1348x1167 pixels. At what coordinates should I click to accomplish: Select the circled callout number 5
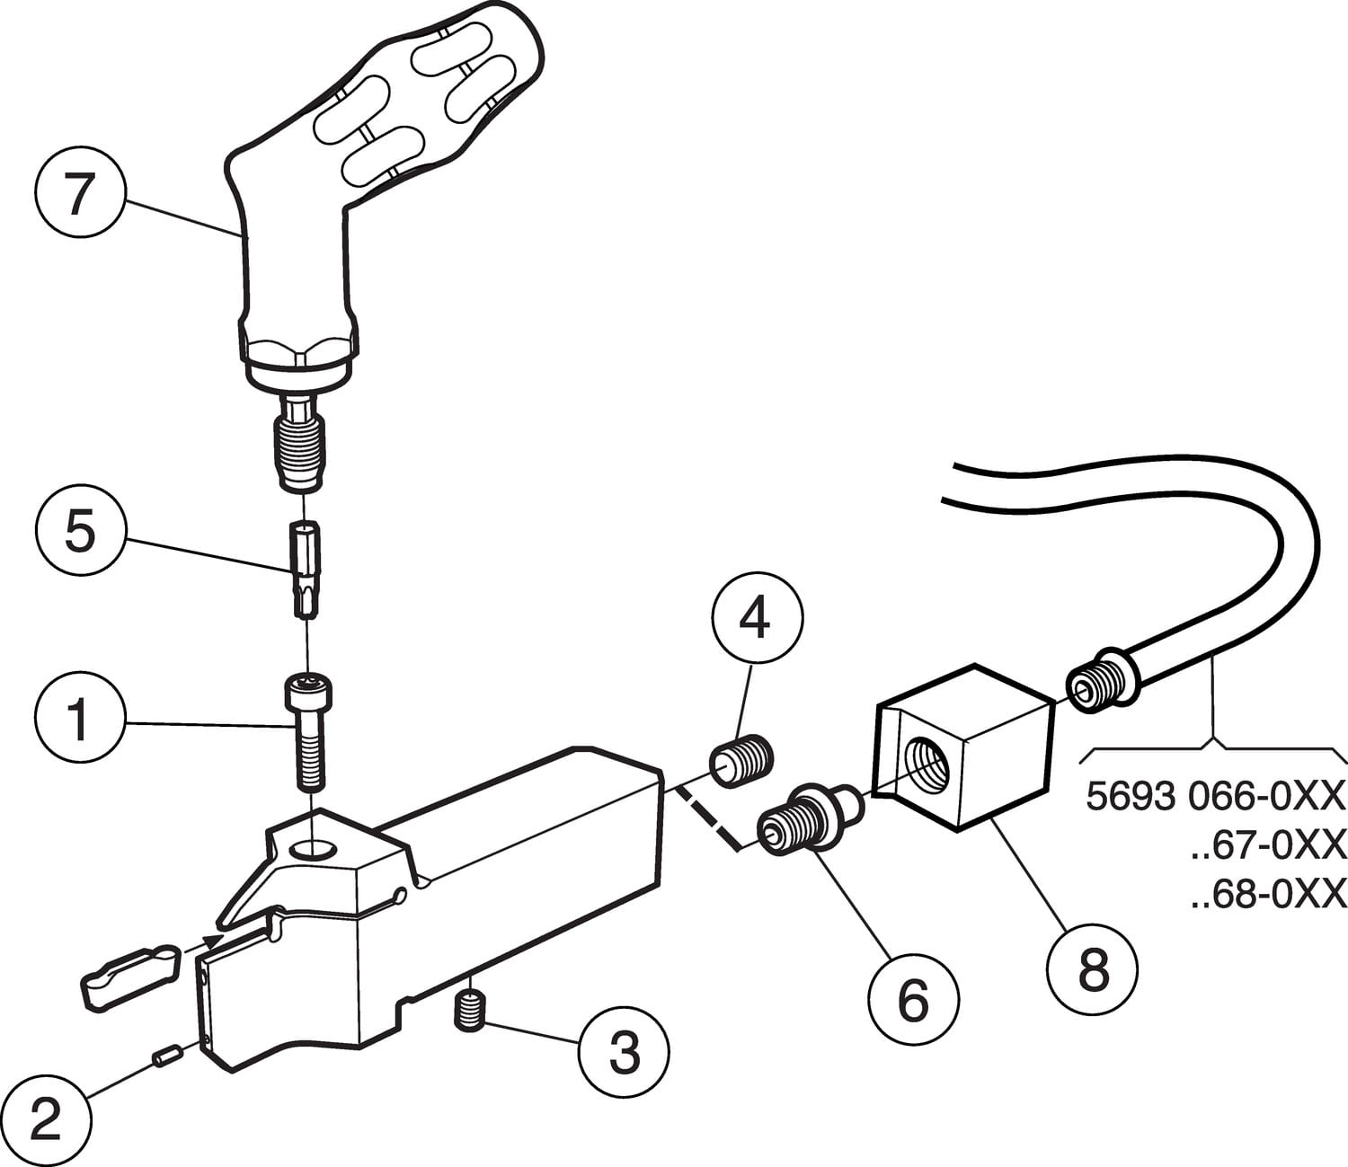click(79, 534)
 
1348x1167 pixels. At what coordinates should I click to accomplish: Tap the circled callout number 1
click(79, 721)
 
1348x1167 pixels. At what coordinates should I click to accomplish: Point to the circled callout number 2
click(45, 1120)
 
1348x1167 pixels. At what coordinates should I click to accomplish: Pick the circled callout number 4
click(757, 618)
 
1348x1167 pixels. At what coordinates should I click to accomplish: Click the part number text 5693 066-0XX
click(1216, 796)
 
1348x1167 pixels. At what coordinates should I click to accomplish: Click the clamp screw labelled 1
click(308, 729)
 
